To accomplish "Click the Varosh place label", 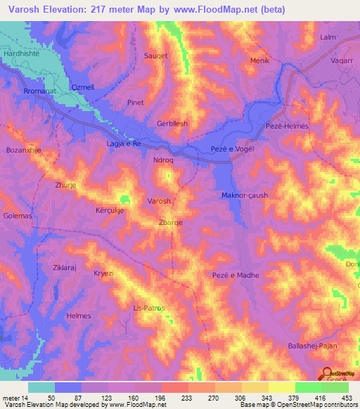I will coord(159,201).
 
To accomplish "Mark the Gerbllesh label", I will coord(172,123).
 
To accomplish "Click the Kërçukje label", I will coord(110,210).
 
